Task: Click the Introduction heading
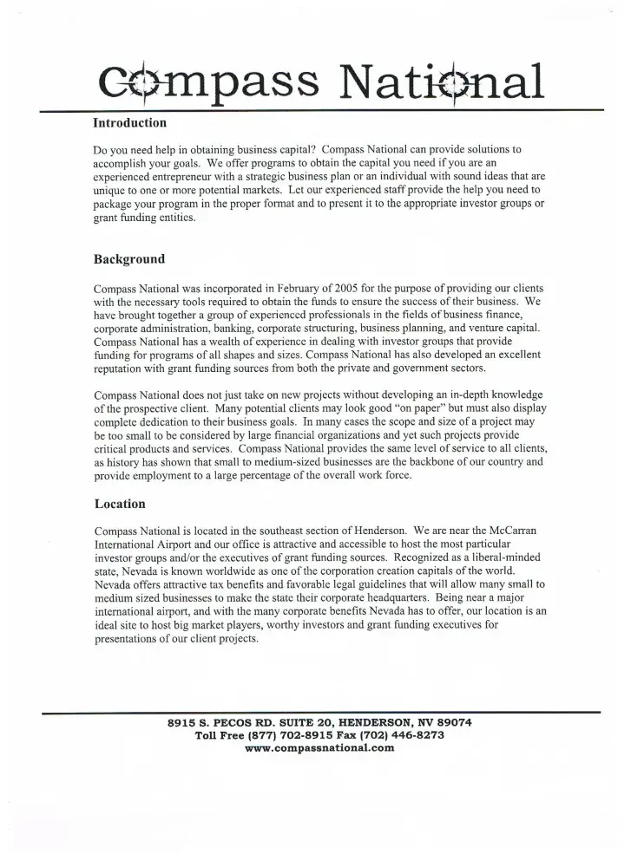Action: click(129, 123)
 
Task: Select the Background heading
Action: click(128, 258)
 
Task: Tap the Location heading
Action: click(120, 504)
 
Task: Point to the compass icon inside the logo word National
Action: click(466, 81)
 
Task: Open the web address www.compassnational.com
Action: click(320, 748)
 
